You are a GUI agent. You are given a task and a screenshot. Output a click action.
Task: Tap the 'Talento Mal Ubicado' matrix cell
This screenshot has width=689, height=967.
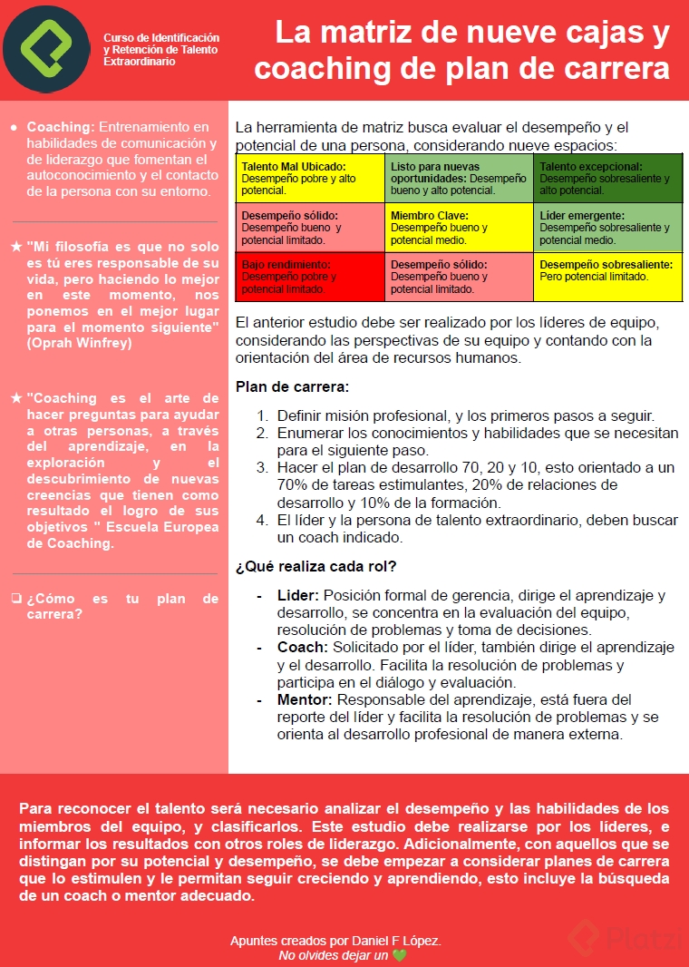click(310, 178)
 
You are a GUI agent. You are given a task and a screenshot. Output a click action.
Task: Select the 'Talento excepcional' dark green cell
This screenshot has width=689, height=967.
click(607, 178)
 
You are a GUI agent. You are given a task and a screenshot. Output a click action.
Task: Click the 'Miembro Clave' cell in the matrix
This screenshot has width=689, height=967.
click(459, 227)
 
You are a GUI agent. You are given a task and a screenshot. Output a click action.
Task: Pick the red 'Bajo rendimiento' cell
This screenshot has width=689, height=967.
click(310, 277)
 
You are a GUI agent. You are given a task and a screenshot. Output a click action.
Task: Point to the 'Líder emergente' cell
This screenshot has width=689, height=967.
click(607, 227)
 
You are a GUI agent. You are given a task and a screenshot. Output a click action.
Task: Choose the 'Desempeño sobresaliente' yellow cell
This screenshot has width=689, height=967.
click(607, 277)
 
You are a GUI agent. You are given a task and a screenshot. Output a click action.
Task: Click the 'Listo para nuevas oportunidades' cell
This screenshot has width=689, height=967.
click(459, 178)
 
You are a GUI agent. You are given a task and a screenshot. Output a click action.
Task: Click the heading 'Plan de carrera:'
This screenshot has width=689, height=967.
click(292, 387)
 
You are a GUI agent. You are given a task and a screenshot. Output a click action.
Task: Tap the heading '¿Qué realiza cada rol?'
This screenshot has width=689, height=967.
click(315, 567)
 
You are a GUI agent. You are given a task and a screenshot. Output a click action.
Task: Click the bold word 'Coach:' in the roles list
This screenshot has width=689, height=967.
click(303, 648)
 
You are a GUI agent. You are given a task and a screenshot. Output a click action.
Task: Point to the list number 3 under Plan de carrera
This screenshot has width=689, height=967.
click(261, 468)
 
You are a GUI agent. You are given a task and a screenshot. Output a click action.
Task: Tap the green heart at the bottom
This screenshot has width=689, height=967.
click(399, 955)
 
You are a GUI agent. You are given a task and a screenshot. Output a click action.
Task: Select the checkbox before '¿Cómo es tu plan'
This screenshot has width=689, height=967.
click(16, 599)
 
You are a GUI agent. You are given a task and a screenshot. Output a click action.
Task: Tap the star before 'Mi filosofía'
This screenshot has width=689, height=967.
click(16, 246)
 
